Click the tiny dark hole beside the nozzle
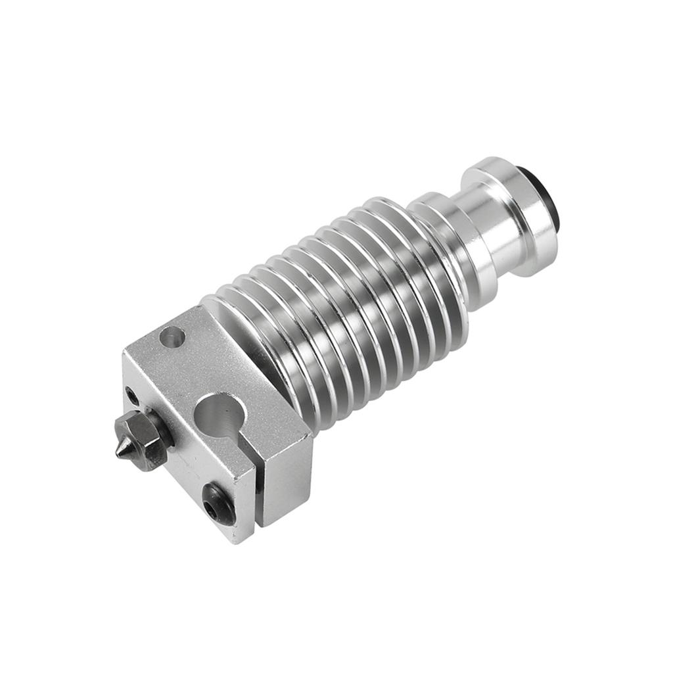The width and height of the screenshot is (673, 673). click(x=132, y=396)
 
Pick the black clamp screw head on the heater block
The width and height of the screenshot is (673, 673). click(x=219, y=503)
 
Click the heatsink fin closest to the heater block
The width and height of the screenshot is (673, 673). click(x=263, y=355)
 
